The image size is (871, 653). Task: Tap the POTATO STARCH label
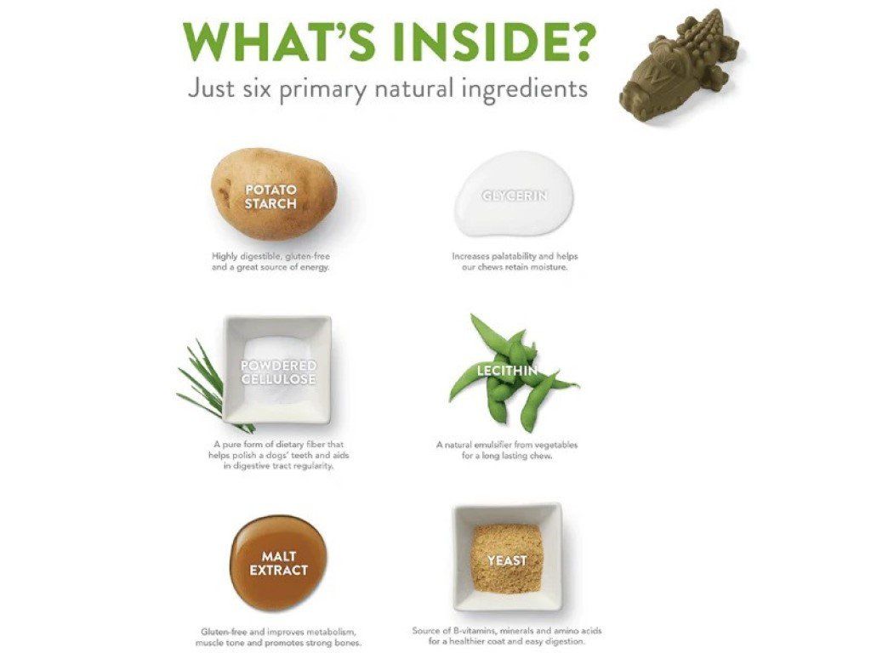click(271, 196)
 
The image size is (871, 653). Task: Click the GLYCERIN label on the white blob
click(515, 196)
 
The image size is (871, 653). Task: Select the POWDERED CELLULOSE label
click(278, 372)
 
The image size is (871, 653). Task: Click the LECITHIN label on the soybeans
click(507, 371)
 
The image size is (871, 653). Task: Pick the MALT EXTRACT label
click(279, 563)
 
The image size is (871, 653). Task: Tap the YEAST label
click(507, 561)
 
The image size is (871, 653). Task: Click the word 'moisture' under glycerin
click(549, 267)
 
